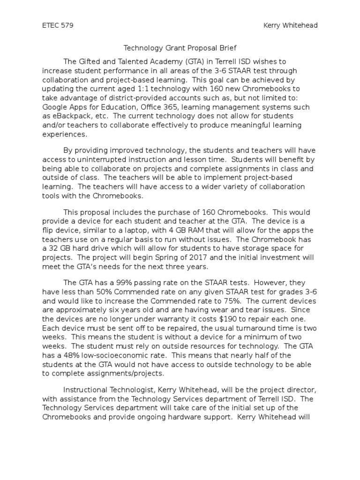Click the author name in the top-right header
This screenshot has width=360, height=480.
point(291,25)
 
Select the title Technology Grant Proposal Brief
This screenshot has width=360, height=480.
point(180,48)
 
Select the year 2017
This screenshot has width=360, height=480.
point(169,257)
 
